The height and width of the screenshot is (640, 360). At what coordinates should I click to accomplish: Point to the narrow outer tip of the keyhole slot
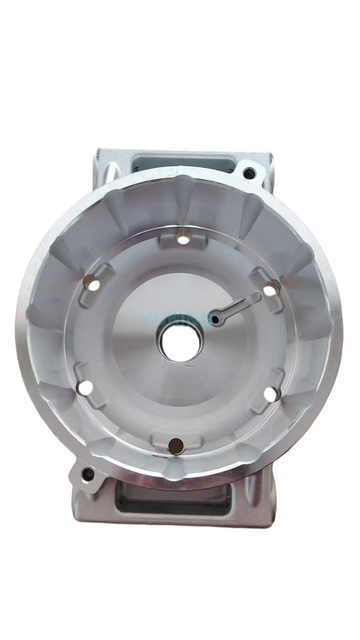coord(257,297)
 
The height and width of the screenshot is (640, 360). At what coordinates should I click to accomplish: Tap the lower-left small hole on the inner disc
coord(86,386)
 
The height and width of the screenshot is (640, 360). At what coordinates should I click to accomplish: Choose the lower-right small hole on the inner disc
coord(270,393)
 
